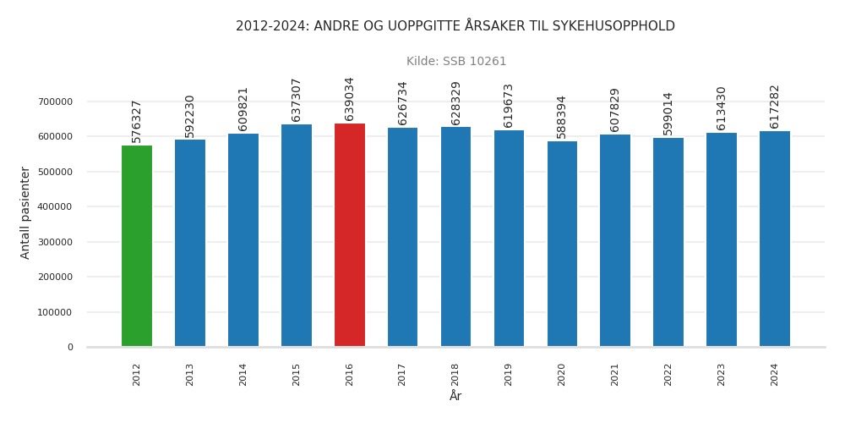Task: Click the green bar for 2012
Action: [137, 246]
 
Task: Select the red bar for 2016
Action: [350, 235]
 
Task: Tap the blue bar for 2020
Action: [562, 244]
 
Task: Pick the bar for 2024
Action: [775, 239]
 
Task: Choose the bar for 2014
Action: [243, 240]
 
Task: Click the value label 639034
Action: [350, 99]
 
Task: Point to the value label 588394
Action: [562, 117]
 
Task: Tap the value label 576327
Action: [137, 121]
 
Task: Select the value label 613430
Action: [722, 108]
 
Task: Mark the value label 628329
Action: [456, 103]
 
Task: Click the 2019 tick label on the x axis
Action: [509, 375]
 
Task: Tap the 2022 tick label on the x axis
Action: [668, 375]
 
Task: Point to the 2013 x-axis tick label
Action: [190, 375]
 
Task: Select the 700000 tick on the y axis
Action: [56, 102]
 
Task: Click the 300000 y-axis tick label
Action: [56, 242]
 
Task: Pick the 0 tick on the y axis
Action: [70, 347]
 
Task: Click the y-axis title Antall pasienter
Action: [25, 212]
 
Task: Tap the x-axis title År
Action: [455, 397]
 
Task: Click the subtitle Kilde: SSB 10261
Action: [456, 62]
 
